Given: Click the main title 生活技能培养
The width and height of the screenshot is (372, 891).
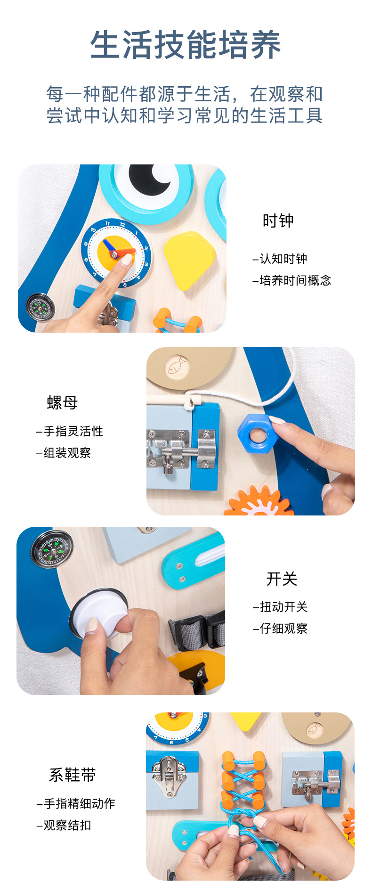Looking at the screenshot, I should click(186, 45).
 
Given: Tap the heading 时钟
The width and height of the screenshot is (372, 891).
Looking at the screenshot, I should click(278, 221).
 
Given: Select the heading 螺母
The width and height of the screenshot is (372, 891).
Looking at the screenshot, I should click(62, 402).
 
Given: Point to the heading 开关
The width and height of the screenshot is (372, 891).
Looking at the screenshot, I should click(282, 579).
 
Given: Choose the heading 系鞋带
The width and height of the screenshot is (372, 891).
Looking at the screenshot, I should click(73, 775).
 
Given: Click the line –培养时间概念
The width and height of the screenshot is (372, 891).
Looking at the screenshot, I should click(292, 280).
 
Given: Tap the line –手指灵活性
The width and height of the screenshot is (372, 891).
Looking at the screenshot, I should click(70, 431).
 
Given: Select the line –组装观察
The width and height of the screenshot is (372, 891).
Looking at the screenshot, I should click(64, 453).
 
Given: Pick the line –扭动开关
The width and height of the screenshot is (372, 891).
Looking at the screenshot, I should click(280, 607).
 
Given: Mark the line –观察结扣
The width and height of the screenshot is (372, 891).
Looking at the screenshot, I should click(64, 825).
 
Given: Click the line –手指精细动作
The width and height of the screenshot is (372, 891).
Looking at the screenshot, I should click(76, 803).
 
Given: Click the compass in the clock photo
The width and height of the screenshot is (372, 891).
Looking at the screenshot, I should click(40, 307).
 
